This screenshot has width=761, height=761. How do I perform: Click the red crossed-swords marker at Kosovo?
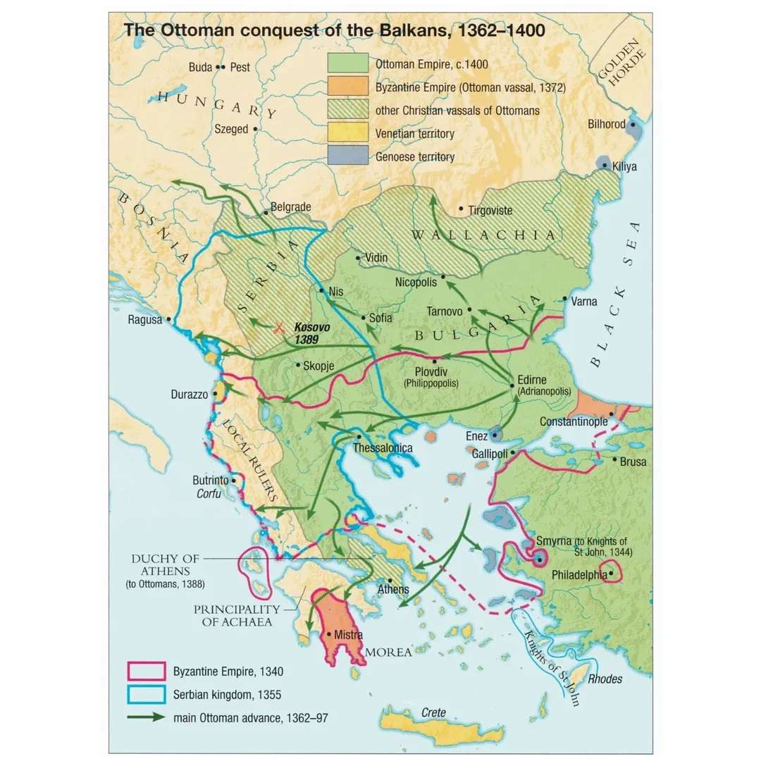tap(279, 327)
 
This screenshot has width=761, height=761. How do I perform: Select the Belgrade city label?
tap(291, 207)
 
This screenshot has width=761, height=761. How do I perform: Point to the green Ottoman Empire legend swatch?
tap(347, 63)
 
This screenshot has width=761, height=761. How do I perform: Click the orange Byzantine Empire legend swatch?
tap(347, 86)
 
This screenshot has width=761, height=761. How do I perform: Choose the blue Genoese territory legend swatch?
tap(347, 156)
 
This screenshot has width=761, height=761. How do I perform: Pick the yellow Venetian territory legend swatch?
tap(347, 132)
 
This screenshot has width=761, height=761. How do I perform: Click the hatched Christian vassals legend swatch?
tap(347, 109)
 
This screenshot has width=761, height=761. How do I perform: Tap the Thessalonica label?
tap(383, 447)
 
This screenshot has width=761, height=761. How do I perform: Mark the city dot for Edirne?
tap(512, 385)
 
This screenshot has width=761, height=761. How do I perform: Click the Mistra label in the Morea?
tap(348, 635)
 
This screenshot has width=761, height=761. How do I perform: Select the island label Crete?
tap(433, 712)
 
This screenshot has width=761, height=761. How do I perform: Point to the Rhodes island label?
tap(605, 680)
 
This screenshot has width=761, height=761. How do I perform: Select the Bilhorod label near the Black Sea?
tap(607, 124)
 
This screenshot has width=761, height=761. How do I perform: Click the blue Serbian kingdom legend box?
tap(146, 694)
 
